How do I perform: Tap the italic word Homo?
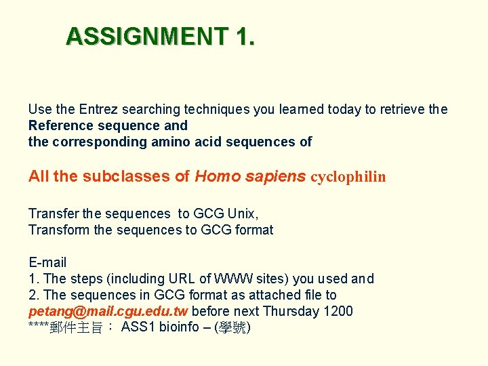point(213,176)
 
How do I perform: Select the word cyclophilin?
point(348,177)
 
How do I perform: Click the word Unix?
point(242,213)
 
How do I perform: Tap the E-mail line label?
point(47,262)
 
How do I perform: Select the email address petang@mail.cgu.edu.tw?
point(108,312)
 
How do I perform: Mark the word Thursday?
point(290,312)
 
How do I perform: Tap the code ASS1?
point(136,328)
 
